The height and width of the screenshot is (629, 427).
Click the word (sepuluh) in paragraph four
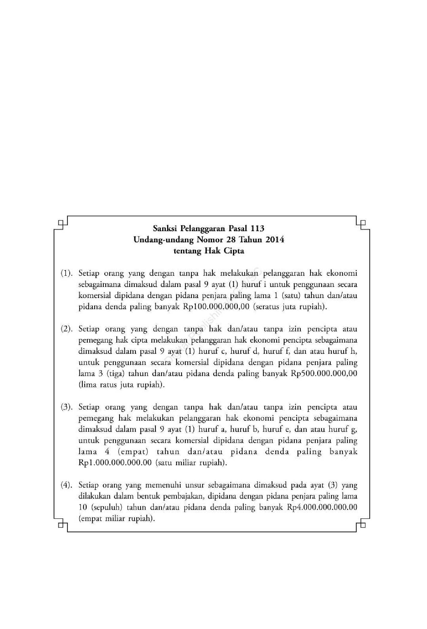coord(107,508)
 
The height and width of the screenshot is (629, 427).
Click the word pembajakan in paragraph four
coord(184,496)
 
